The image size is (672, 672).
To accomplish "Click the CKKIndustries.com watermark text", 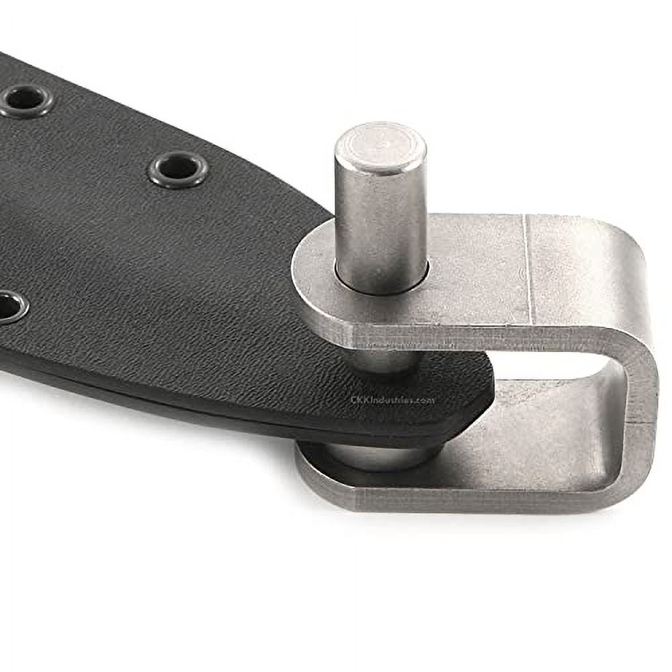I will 393,399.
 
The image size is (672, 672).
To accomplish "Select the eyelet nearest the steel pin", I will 178,169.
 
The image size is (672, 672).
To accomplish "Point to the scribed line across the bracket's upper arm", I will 527,269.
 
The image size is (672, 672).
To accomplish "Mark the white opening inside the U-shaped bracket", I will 551,366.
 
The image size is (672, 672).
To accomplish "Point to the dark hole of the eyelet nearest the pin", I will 178,167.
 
